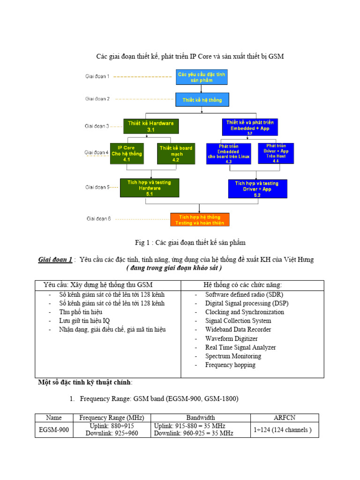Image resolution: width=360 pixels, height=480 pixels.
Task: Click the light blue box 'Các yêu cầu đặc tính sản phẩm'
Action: (201, 77)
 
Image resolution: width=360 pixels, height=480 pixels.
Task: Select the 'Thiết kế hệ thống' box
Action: (202, 100)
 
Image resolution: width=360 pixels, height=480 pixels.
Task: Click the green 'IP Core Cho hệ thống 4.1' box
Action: (126, 153)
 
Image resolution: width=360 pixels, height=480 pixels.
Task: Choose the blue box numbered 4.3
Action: (228, 153)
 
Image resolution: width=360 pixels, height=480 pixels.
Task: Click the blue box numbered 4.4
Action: (276, 153)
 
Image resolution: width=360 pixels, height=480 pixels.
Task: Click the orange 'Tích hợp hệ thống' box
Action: (200, 219)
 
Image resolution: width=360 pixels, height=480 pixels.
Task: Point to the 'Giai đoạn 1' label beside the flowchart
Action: (97, 76)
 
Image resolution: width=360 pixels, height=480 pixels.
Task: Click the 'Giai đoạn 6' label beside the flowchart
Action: (98, 218)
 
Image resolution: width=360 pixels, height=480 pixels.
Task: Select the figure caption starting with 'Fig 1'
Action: (190, 242)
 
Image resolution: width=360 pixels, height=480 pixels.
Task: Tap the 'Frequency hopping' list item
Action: (230, 365)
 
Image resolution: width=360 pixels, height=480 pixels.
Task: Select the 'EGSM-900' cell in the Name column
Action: (54, 430)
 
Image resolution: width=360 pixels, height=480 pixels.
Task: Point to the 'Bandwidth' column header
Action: (201, 417)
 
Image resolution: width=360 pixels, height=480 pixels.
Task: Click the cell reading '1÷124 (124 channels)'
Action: (283, 430)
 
